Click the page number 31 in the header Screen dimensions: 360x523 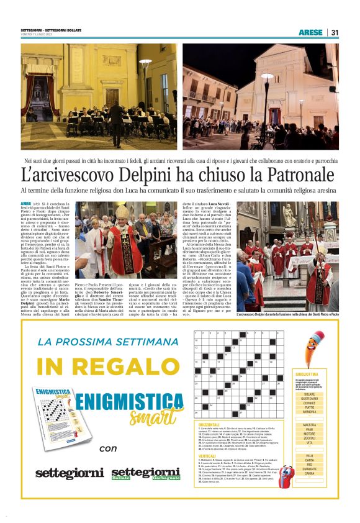point(335,32)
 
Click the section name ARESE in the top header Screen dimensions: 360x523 point(310,32)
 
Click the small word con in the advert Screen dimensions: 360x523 point(108,447)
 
